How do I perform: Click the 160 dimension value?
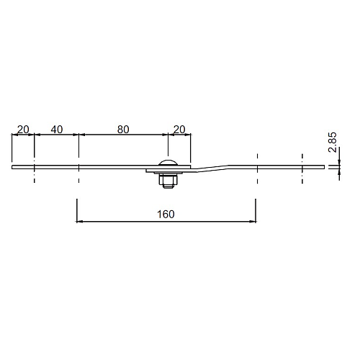pos(166,215)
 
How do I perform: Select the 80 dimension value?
pos(123,130)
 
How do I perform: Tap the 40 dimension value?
pos(57,130)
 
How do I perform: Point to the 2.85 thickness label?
pos(333,142)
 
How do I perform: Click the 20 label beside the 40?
pos(23,130)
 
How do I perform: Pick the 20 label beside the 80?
pos(179,130)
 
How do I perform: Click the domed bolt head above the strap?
pos(168,163)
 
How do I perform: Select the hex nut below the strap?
pos(168,180)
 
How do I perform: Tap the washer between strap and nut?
pos(168,174)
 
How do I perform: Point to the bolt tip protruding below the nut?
pos(168,186)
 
